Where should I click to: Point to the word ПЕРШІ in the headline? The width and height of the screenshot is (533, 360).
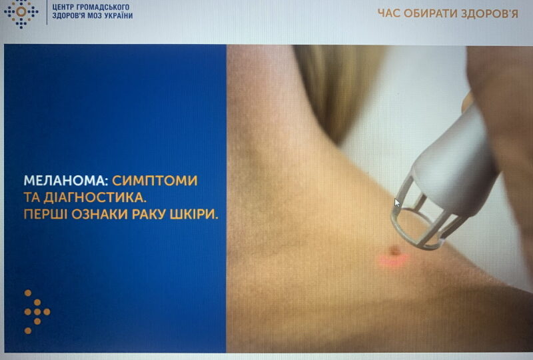pos(46,216)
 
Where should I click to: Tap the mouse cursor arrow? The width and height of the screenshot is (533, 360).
pos(397,203)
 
